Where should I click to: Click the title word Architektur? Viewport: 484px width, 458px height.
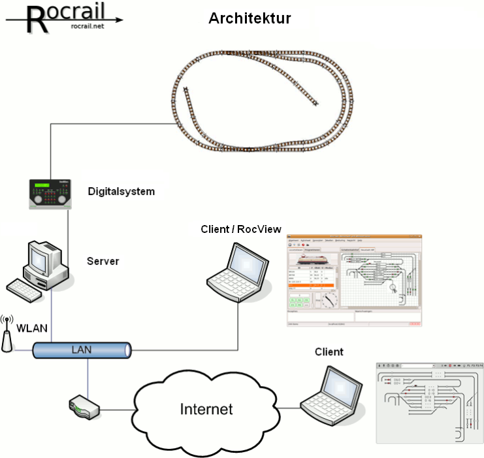coord(250,18)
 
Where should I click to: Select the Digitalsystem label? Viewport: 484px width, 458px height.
coord(121,192)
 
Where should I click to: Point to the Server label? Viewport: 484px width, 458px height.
coord(103,262)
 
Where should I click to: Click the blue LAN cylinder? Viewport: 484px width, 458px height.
coord(82,350)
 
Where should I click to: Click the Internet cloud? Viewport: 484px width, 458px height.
coord(206,410)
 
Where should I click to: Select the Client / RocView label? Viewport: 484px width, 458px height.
coord(241,229)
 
